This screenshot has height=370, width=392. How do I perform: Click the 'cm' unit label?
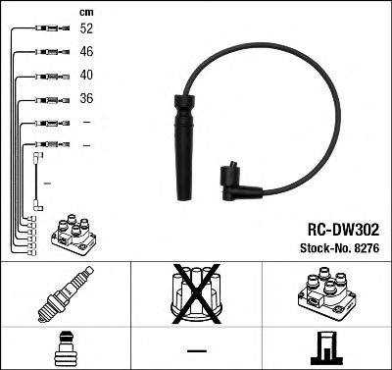[85, 10]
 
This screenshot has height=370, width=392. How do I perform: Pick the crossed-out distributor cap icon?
[196, 293]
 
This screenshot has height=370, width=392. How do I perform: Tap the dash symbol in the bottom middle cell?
[196, 350]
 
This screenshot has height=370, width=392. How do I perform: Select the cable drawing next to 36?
[44, 99]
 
